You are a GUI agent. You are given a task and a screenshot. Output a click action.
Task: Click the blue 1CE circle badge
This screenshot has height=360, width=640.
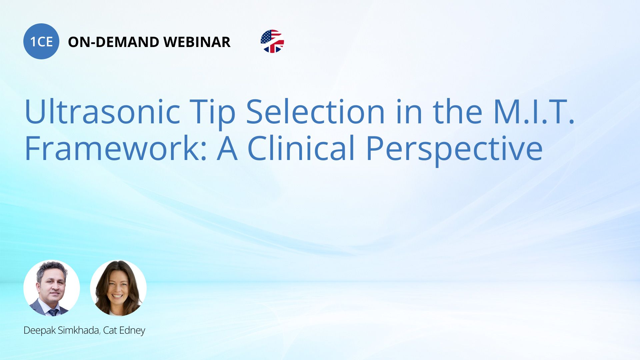coord(41,41)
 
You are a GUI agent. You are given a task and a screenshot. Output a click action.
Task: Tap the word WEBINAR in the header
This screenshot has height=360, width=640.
coord(197,42)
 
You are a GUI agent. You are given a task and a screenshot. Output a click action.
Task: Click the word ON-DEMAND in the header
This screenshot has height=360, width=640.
coord(114,42)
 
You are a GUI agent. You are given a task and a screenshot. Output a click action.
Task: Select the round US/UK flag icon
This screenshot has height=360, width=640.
coord(272,41)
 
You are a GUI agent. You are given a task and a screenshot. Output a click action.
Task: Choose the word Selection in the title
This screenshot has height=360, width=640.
coord(315,111)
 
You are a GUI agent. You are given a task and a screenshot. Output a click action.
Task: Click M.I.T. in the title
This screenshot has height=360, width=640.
coord(534,111)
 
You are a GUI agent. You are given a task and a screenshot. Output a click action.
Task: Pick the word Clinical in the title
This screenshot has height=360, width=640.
coord(301,148)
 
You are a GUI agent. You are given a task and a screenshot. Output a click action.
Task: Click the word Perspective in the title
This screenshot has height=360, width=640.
coord(454,150)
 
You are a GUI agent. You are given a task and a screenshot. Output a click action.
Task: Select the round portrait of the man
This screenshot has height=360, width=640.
coord(52,288)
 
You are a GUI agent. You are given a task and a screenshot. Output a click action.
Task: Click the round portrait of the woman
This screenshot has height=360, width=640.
coord(118,288)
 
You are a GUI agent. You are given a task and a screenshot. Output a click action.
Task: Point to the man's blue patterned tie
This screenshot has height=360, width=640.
coord(53,312)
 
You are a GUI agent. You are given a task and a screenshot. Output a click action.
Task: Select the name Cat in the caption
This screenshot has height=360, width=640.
coord(110,330)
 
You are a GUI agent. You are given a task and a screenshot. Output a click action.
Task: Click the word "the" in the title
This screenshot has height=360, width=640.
coord(458,111)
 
